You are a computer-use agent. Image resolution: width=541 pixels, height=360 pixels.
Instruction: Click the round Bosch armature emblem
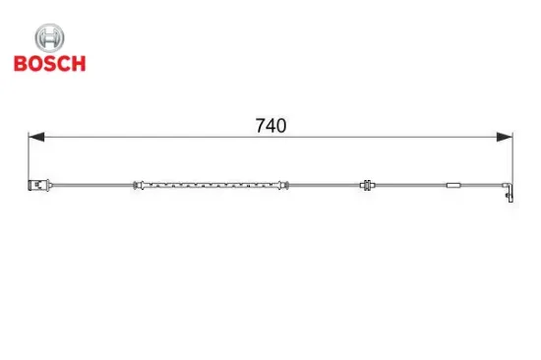[x=49, y=38]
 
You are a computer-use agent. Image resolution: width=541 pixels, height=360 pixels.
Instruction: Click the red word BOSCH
[x=50, y=64]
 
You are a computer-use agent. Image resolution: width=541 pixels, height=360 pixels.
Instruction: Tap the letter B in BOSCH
[x=21, y=64]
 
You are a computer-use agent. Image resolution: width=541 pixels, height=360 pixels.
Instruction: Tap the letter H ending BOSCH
[x=79, y=64]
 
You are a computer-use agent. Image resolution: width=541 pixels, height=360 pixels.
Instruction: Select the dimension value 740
[x=270, y=126]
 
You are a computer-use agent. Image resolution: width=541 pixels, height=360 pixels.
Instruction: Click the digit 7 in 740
[x=261, y=126]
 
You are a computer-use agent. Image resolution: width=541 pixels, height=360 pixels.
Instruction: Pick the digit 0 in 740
[x=281, y=126]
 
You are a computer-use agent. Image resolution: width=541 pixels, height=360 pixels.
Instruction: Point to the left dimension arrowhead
[x=36, y=137]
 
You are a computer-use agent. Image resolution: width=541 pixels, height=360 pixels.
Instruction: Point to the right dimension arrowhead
[x=504, y=137]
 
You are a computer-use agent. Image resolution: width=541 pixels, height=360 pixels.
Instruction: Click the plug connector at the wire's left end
[x=39, y=185]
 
